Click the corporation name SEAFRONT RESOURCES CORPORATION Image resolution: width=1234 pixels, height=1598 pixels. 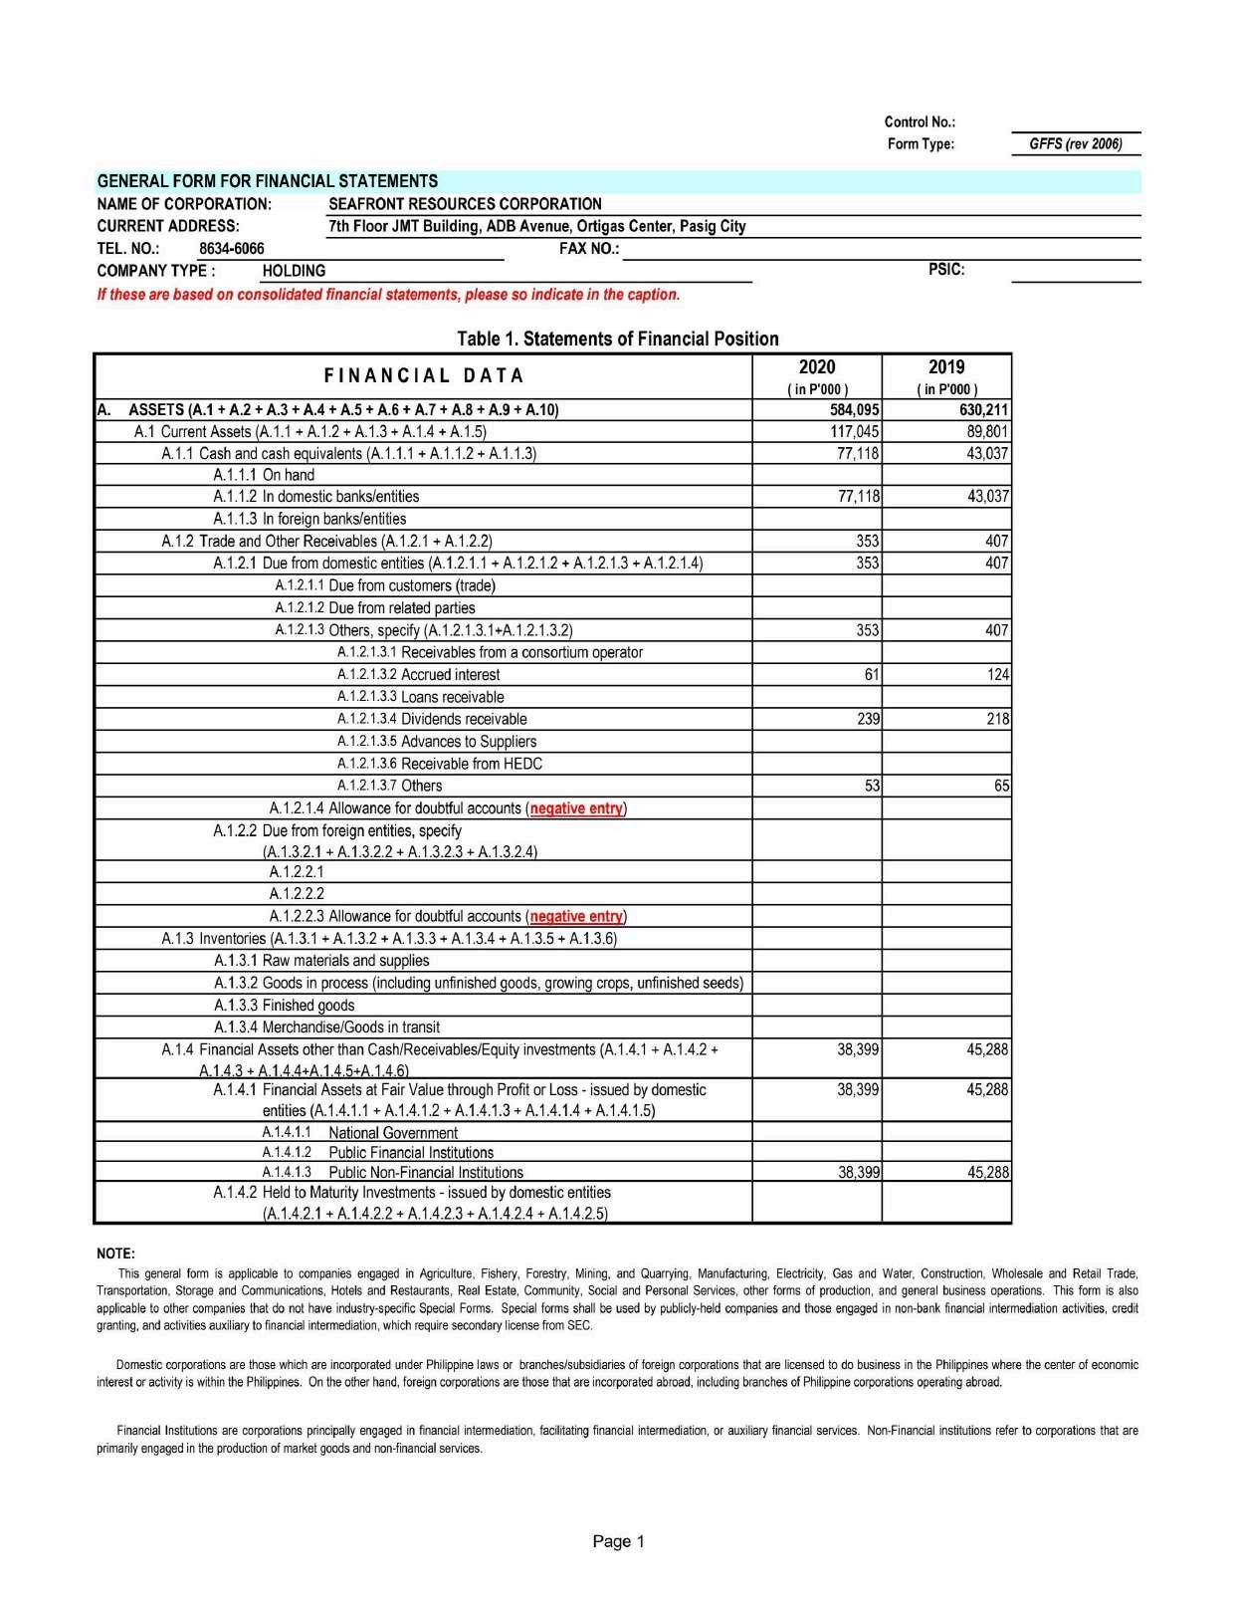(465, 204)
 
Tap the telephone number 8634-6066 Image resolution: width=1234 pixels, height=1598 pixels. (232, 249)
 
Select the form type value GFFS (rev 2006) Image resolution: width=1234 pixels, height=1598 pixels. (1075, 144)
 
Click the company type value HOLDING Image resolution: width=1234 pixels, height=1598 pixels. (294, 271)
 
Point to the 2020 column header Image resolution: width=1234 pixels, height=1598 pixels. (817, 367)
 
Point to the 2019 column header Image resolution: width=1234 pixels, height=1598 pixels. (946, 367)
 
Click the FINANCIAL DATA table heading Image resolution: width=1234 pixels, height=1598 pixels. (424, 375)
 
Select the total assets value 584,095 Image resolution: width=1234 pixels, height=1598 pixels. (855, 410)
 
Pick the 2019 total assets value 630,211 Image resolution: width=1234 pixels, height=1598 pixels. (984, 410)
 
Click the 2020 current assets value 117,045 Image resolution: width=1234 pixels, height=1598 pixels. (855, 432)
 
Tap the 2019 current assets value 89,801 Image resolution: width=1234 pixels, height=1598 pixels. (988, 432)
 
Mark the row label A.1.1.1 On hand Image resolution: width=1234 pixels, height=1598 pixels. (264, 475)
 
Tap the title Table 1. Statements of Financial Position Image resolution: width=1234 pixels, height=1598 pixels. (618, 339)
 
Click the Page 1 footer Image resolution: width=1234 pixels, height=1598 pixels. (619, 1541)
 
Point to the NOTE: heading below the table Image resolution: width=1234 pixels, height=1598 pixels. (115, 1253)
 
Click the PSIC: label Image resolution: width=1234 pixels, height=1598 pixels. (946, 269)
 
